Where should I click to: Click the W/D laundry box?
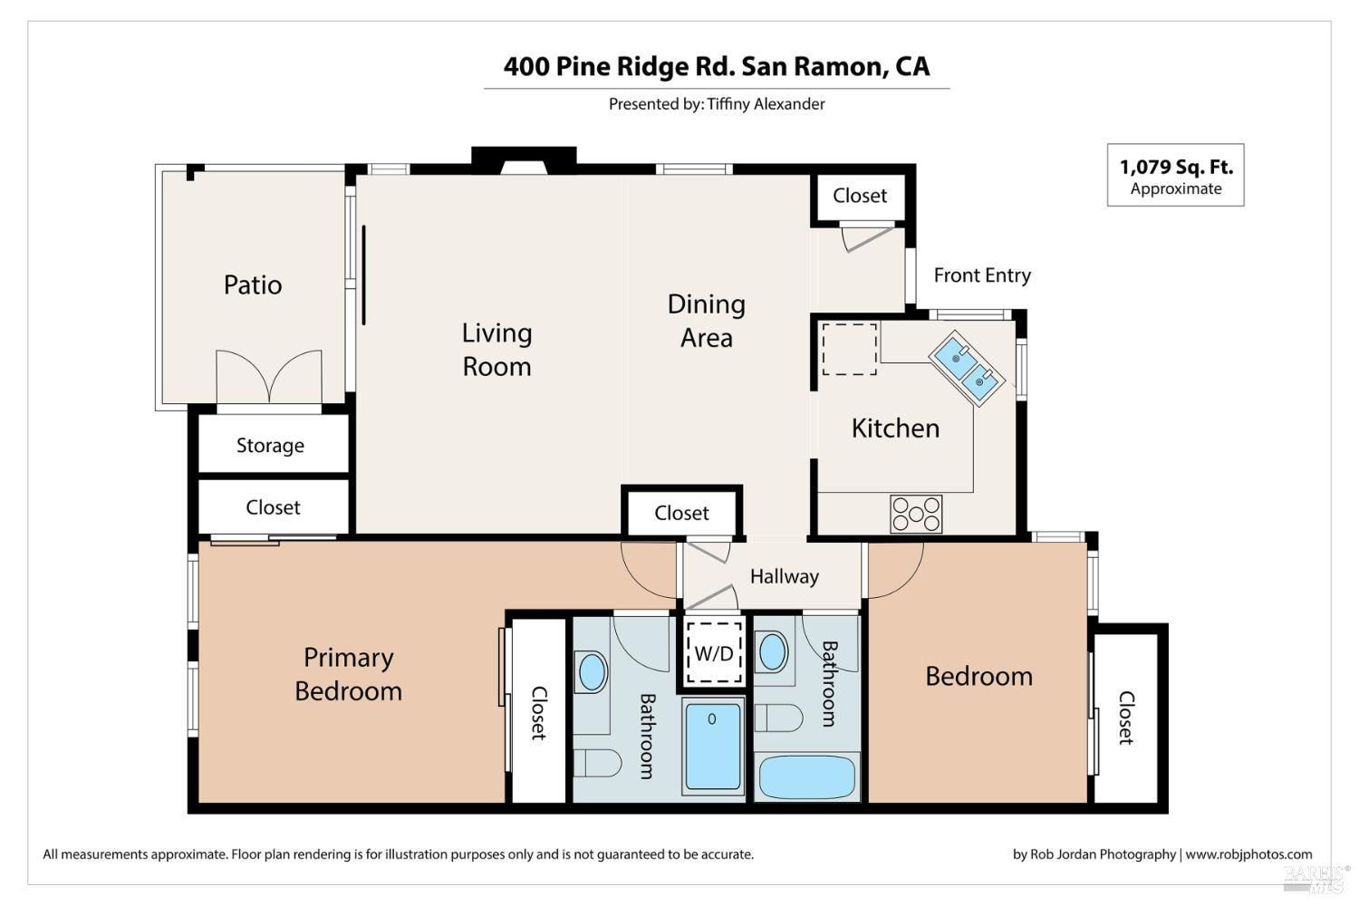click(714, 652)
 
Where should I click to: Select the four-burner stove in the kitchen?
click(916, 515)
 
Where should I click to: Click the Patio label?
click(253, 284)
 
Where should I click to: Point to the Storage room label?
click(271, 446)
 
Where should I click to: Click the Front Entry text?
click(982, 275)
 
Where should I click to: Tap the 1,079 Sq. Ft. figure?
click(1176, 167)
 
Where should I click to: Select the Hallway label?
click(785, 576)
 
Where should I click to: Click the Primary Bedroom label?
click(348, 674)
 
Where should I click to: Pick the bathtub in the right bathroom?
click(807, 776)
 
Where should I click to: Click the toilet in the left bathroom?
click(598, 763)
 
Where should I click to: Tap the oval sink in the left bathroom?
click(593, 671)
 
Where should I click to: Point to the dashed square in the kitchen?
click(850, 350)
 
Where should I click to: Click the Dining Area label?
click(706, 321)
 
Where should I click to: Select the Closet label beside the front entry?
click(860, 196)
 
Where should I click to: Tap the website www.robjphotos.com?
click(1248, 854)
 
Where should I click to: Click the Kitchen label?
click(895, 429)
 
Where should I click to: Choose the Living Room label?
click(496, 350)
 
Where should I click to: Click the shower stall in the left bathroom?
click(714, 746)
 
